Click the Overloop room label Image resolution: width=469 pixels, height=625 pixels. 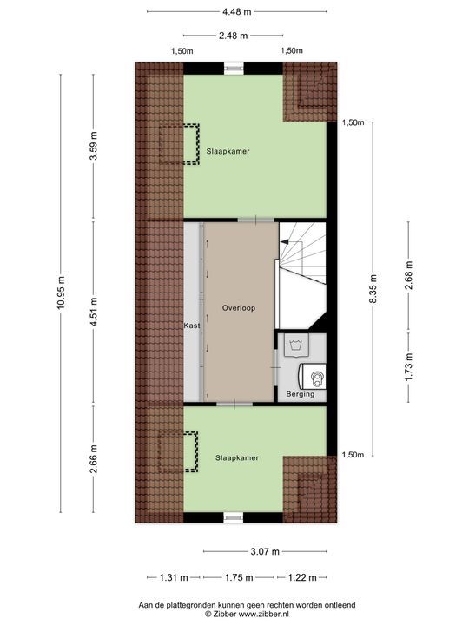237,308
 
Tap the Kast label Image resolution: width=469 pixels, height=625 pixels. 192,326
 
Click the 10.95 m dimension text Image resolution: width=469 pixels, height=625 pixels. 61,295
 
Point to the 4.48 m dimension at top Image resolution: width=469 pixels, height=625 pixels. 236,11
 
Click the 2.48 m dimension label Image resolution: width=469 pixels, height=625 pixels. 233,36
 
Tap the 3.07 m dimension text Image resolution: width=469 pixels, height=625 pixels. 265,550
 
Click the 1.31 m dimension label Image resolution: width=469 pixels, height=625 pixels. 174,577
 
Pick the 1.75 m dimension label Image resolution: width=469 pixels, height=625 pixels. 238,577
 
